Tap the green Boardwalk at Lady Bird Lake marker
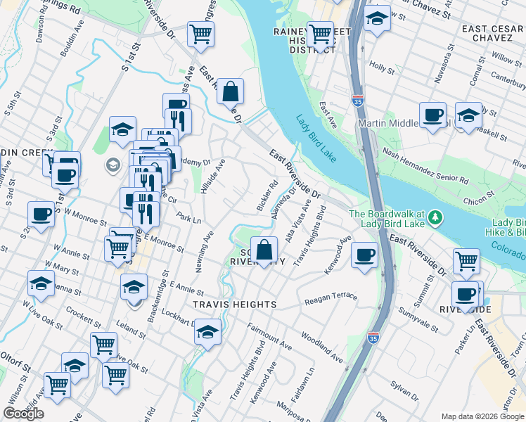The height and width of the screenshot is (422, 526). pyautogui.click(x=436, y=217)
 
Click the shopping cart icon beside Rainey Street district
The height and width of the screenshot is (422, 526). pyautogui.click(x=320, y=33)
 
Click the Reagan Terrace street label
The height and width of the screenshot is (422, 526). pyautogui.click(x=331, y=299)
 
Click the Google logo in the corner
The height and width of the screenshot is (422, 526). pyautogui.click(x=24, y=413)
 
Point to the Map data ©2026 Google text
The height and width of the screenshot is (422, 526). pyautogui.click(x=482, y=416)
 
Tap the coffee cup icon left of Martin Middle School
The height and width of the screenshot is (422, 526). pyautogui.click(x=432, y=114)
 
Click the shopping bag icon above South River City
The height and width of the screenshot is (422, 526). pyautogui.click(x=264, y=250)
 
